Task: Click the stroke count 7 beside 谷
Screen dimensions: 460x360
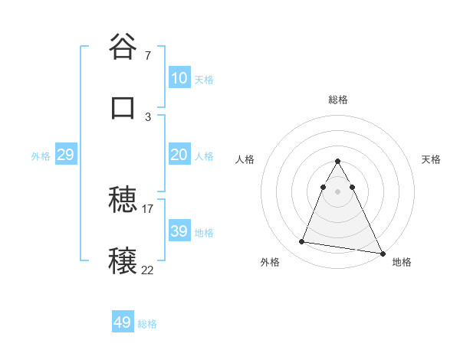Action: tap(148, 56)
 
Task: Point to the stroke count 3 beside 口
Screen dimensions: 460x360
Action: tap(148, 116)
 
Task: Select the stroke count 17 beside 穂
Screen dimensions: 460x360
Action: tap(148, 209)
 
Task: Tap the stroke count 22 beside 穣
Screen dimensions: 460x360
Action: tap(148, 270)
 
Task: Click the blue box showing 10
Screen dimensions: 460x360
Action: tap(179, 78)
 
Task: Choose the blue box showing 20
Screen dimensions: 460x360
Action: tap(179, 155)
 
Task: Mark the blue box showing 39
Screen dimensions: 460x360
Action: tap(179, 231)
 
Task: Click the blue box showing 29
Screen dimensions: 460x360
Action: tap(65, 155)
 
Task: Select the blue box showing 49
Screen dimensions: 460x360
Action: tap(123, 322)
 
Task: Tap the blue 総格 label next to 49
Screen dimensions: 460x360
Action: tap(147, 324)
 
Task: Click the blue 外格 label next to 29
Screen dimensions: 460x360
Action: tap(41, 156)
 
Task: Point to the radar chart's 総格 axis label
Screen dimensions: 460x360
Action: tap(338, 100)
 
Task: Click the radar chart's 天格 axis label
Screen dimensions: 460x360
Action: tap(432, 159)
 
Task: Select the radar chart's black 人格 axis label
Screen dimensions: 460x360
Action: tap(245, 159)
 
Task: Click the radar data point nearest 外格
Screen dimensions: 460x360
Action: tap(302, 242)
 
